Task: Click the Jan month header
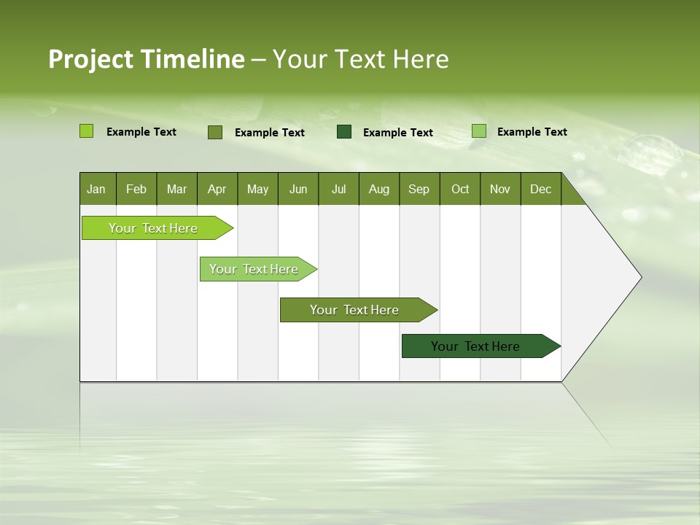point(96,189)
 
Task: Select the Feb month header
point(136,189)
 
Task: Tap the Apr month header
point(217,189)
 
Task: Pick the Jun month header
point(298,189)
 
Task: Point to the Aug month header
point(378,189)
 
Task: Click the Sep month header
point(419,189)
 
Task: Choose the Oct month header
point(460,189)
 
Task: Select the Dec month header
point(540,189)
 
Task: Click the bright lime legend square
point(86,131)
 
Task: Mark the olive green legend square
point(215,132)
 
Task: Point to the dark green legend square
point(344,131)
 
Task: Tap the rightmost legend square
point(479,131)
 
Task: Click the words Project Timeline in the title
point(146,59)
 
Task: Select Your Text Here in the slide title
point(361,59)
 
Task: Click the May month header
point(257,189)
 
